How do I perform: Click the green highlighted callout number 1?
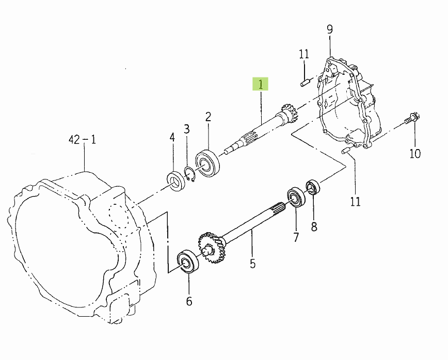260,84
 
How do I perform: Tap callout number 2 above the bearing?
209,117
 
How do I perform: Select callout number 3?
186,129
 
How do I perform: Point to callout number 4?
172,137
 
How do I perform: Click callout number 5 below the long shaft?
252,264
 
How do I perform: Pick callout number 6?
189,301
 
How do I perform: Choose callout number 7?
296,237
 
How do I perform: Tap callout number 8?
314,227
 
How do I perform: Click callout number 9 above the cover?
330,29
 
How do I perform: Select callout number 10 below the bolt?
415,154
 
